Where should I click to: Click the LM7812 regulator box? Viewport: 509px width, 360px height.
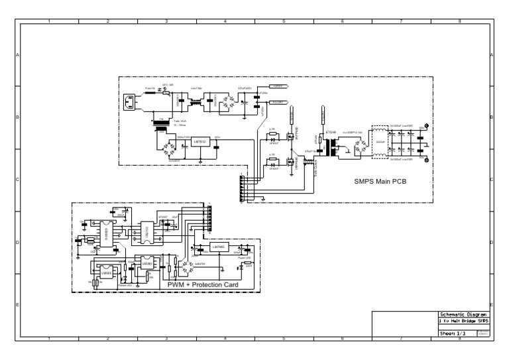click(x=201, y=142)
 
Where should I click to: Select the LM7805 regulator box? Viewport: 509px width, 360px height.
click(x=219, y=247)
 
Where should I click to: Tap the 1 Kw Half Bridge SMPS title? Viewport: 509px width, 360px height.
click(x=464, y=321)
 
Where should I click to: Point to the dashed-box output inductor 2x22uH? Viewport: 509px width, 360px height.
click(x=380, y=142)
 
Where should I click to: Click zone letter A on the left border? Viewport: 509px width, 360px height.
click(x=17, y=55)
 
